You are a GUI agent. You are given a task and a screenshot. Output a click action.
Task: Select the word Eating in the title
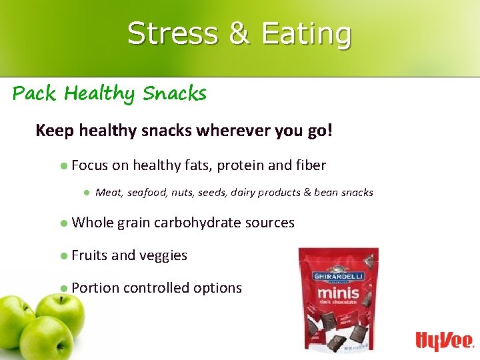(307, 33)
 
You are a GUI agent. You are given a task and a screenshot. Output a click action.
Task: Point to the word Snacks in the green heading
(175, 93)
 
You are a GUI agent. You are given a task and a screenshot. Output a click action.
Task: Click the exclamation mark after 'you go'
(328, 129)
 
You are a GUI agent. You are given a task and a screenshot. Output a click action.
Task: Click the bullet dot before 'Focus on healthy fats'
(63, 165)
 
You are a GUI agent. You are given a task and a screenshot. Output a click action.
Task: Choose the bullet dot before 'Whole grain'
(63, 223)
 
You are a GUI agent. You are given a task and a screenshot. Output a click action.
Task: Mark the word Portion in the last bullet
(95, 288)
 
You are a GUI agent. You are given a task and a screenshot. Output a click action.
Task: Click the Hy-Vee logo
(444, 341)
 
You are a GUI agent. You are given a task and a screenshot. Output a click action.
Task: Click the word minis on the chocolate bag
(337, 292)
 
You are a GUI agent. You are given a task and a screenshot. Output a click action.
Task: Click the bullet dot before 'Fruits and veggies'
(63, 255)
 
